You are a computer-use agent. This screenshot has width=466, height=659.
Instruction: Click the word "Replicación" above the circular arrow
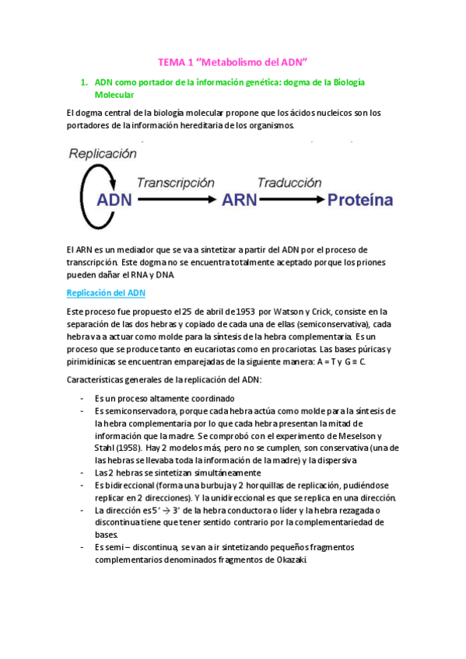[x=103, y=154]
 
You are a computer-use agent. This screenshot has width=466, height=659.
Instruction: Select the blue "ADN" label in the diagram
[x=114, y=200]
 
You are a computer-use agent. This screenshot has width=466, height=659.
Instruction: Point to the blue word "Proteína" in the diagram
[x=360, y=200]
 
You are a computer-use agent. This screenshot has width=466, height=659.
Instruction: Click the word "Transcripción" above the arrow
[x=175, y=183]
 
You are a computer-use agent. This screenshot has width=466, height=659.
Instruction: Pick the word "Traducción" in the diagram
[x=289, y=183]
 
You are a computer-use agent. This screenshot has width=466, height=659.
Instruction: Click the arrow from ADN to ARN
[x=176, y=200]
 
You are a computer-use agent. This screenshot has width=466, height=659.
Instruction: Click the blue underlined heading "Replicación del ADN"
[x=106, y=293]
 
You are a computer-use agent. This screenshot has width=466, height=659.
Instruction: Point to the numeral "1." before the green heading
[x=84, y=81]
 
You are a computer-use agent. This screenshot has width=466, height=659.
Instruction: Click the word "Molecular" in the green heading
[x=114, y=94]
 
